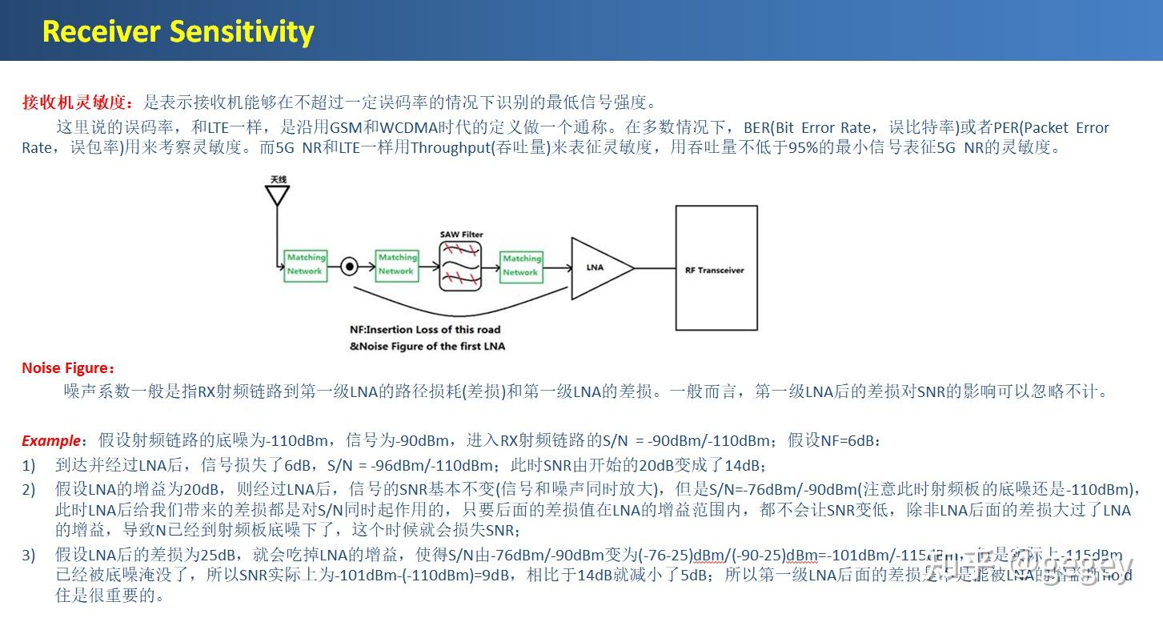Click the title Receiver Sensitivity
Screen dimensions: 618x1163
pyautogui.click(x=178, y=31)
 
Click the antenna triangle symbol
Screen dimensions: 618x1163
pyautogui.click(x=277, y=195)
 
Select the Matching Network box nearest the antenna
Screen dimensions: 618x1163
pyautogui.click(x=306, y=264)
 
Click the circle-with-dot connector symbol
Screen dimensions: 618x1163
pyautogui.click(x=349, y=267)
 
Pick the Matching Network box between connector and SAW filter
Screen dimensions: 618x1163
pyautogui.click(x=398, y=264)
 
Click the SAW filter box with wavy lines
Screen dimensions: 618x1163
pyautogui.click(x=462, y=267)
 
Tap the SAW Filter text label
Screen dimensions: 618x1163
pyautogui.click(x=462, y=235)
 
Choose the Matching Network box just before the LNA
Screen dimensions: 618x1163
pyautogui.click(x=521, y=265)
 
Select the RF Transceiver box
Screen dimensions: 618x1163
pyautogui.click(x=715, y=269)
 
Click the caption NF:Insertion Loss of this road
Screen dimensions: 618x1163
pyautogui.click(x=424, y=329)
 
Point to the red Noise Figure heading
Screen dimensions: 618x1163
pyautogui.click(x=68, y=368)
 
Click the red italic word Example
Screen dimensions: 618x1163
pyautogui.click(x=51, y=441)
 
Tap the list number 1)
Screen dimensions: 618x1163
pyautogui.click(x=29, y=465)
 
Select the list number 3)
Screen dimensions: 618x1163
pyautogui.click(x=29, y=555)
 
